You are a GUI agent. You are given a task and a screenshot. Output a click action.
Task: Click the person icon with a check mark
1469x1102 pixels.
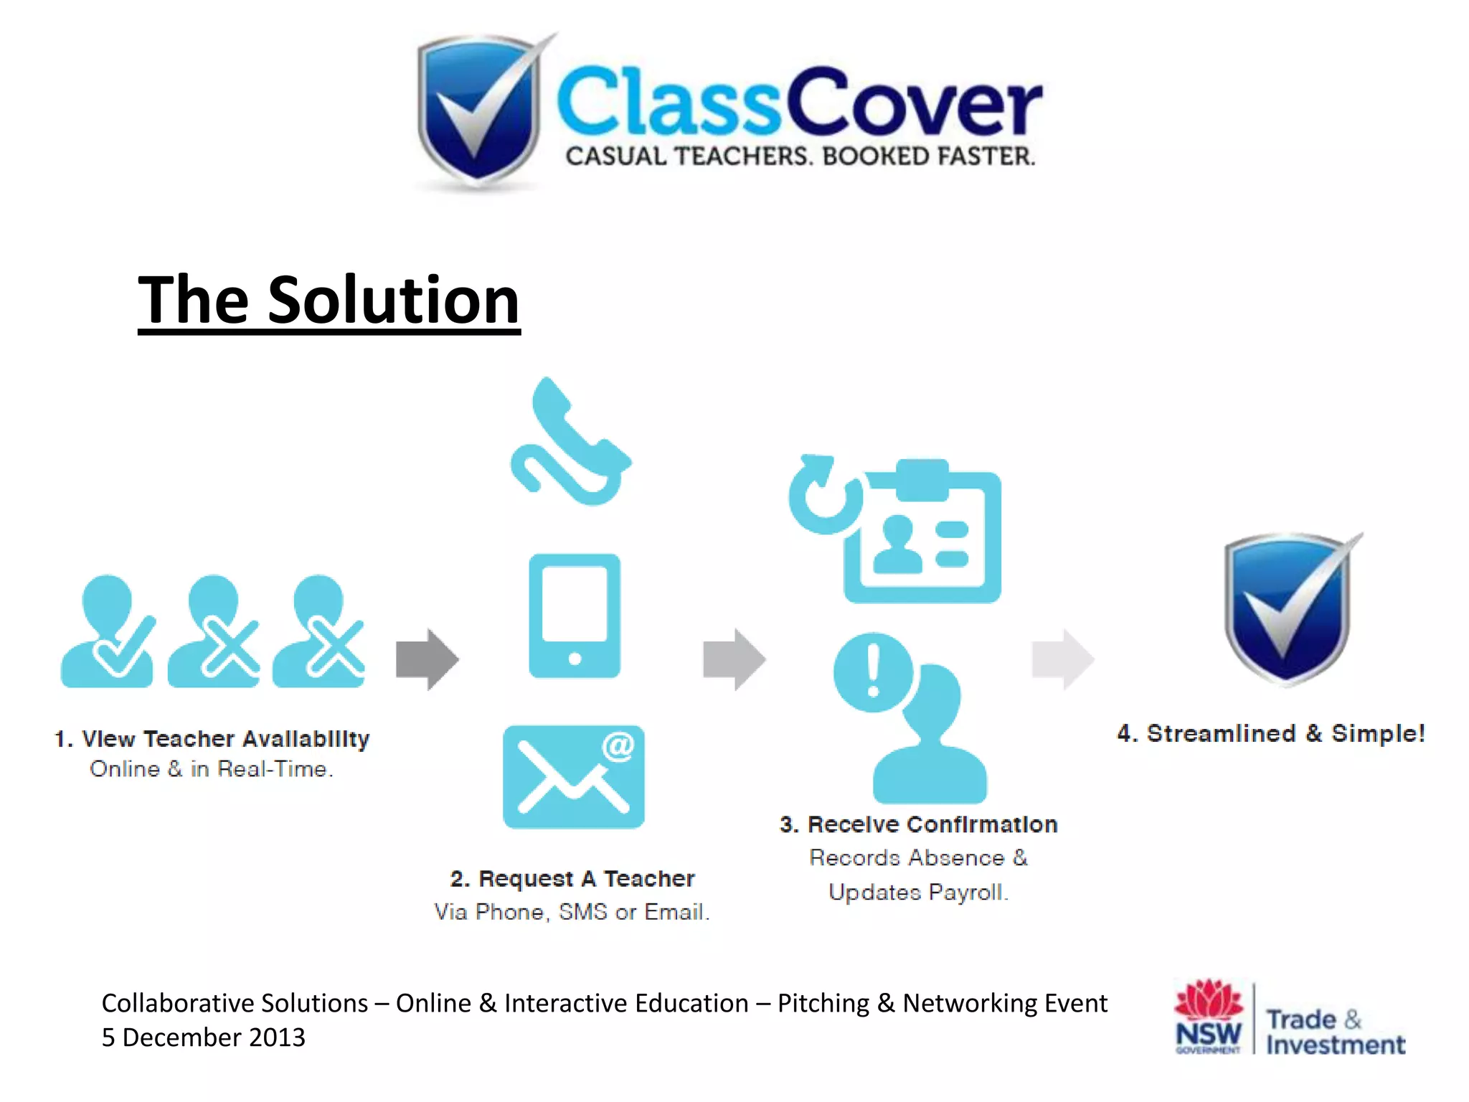coord(108,631)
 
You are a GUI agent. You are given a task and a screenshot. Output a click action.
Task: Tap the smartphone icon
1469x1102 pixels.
coord(575,616)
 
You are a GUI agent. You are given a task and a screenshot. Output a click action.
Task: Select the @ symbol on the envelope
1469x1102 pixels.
coord(618,746)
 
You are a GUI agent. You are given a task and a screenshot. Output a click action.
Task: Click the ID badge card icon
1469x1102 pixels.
coord(924,534)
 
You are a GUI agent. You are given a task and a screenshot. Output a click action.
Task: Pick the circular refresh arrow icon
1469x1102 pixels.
coord(825,495)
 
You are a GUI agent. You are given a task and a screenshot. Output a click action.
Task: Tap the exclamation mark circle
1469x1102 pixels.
coord(873,672)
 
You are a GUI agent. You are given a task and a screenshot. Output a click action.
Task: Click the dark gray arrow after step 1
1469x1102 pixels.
coord(427,659)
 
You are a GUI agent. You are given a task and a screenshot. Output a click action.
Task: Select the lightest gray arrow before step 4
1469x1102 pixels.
coord(1062,659)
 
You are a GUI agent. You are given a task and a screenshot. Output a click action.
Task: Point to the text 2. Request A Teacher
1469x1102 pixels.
coord(572,879)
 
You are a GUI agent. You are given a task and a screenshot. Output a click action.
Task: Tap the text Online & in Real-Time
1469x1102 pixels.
coord(212,769)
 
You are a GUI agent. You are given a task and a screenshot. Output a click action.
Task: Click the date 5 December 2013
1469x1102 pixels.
coord(204,1037)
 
